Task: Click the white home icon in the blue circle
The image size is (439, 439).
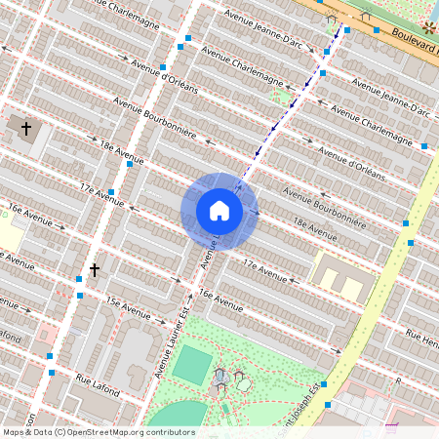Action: click(x=219, y=211)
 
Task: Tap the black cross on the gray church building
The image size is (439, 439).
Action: click(x=26, y=128)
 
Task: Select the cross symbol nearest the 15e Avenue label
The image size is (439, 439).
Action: click(x=95, y=269)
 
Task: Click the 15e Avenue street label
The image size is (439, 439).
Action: click(x=128, y=308)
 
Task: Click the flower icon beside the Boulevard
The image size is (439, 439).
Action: click(x=429, y=26)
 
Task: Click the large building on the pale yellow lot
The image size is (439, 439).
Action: click(x=342, y=281)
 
